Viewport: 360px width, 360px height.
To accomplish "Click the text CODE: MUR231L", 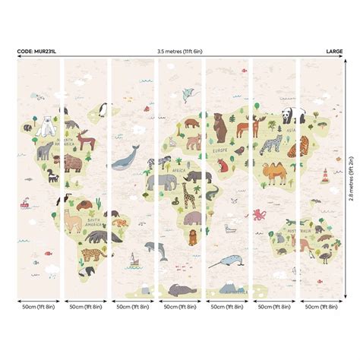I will (36, 52).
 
